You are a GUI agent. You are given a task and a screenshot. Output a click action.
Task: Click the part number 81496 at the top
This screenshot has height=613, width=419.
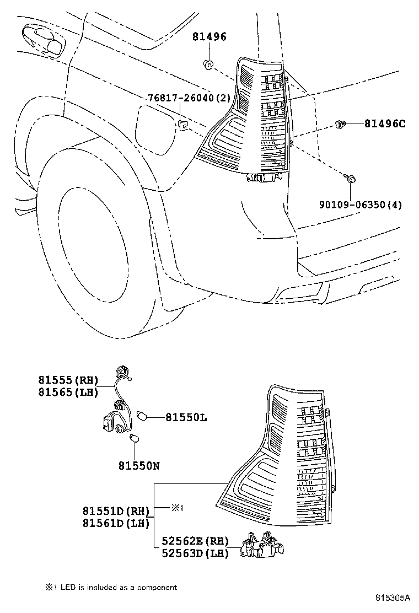209,37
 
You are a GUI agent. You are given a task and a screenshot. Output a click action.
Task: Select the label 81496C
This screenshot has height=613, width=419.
384,124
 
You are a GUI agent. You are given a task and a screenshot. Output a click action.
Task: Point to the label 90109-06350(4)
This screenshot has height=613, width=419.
360,205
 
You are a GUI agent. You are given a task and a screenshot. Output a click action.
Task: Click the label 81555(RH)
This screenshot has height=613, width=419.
68,380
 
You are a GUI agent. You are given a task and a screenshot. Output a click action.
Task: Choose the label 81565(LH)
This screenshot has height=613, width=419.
68,392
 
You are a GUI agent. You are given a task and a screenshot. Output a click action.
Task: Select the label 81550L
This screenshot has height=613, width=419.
186,418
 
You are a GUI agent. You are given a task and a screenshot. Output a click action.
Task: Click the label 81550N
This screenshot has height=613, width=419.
138,466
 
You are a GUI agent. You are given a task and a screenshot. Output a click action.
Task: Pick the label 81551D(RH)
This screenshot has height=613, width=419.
116,511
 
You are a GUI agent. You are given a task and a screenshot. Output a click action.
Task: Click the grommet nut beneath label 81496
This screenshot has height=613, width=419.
208,65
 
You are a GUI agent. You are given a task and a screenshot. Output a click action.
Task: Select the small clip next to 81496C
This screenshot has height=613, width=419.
341,124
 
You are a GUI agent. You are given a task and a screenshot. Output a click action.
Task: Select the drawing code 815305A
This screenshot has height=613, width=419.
393,598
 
